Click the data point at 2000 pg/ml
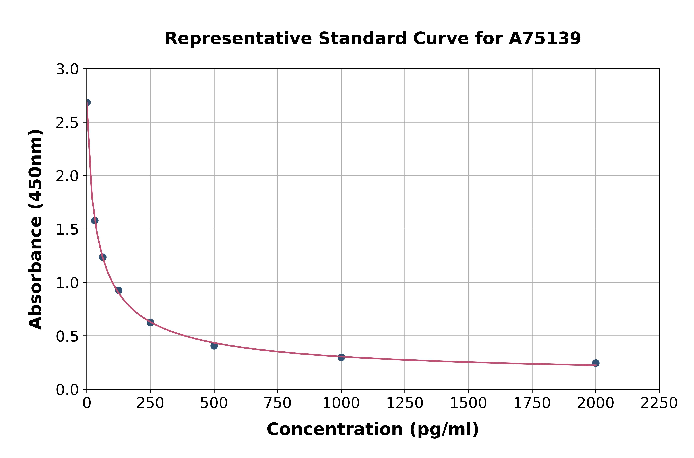596,363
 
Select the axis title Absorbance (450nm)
36,229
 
